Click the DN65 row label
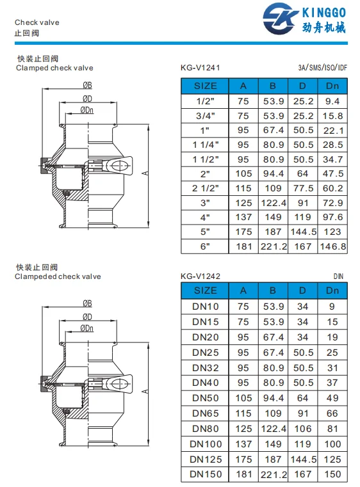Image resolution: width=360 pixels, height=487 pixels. [x=206, y=413]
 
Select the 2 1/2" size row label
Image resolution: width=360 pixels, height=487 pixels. [x=206, y=188]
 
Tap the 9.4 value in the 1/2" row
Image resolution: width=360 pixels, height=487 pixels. [x=333, y=101]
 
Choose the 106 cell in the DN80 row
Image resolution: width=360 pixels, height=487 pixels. [x=303, y=429]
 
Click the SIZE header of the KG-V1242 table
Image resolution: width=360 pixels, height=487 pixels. [x=206, y=291]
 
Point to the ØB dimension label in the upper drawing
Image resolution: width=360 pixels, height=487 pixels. [x=87, y=86]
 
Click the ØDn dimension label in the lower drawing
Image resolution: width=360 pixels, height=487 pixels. [x=87, y=328]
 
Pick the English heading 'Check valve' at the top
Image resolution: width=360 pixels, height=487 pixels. [x=37, y=22]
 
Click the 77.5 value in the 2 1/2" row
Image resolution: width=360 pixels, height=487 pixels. [x=303, y=188]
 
